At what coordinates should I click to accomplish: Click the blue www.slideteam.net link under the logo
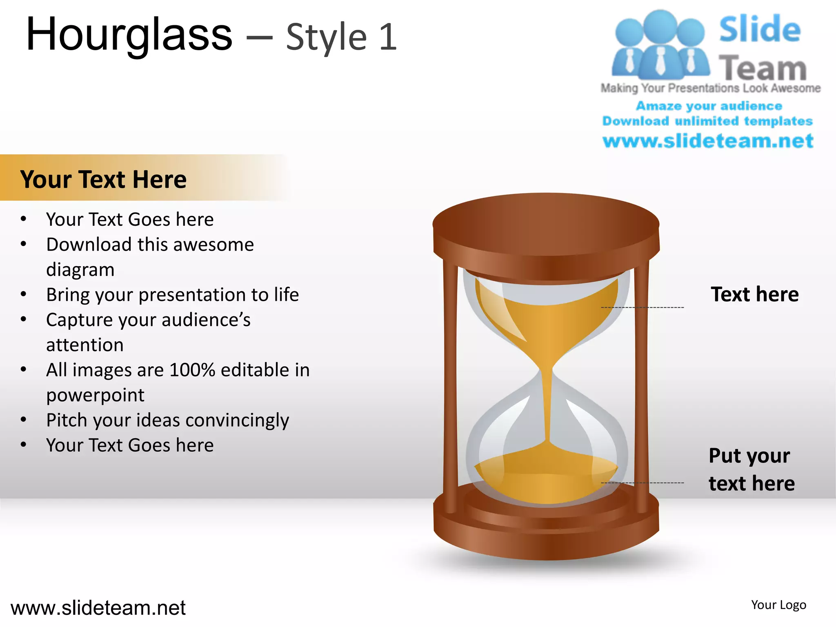click(708, 141)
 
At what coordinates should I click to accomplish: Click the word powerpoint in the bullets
click(95, 395)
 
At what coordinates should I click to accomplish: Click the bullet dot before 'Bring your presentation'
click(24, 294)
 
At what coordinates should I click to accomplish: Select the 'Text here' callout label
click(754, 294)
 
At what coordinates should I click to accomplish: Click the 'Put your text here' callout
click(751, 469)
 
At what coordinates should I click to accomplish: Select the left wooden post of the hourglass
click(450, 388)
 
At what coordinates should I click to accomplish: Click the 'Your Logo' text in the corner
click(778, 605)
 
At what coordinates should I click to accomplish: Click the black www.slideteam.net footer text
click(98, 608)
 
